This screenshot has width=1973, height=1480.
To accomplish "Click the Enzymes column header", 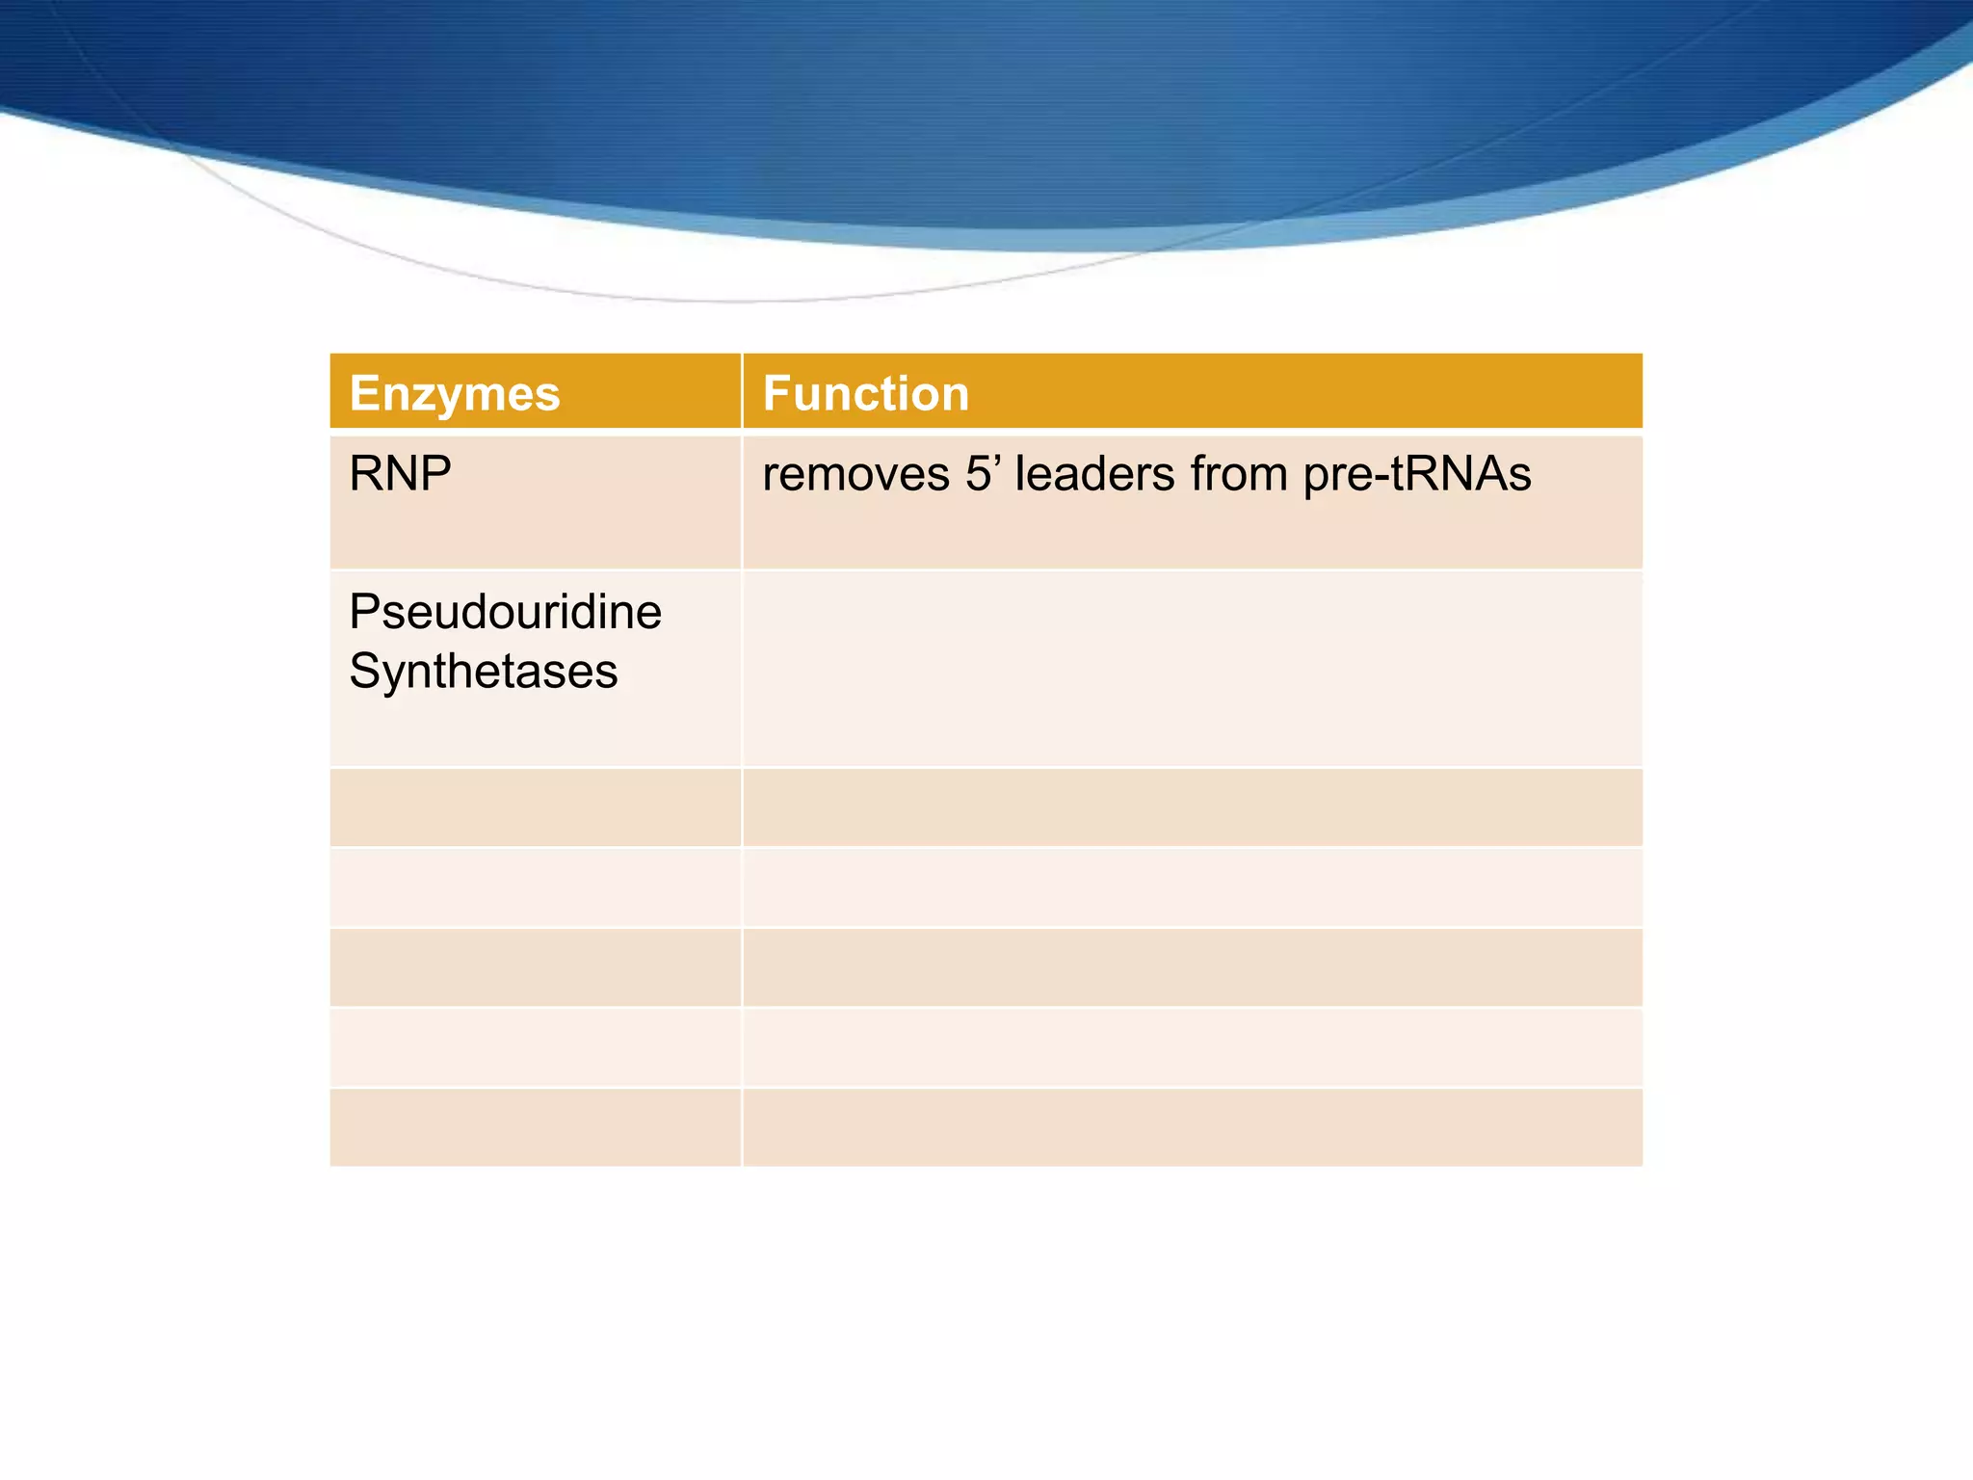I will click(455, 393).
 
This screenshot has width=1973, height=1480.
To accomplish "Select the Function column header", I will click(865, 393).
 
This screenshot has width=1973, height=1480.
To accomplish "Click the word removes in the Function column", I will click(855, 474).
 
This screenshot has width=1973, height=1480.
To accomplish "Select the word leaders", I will click(1095, 474).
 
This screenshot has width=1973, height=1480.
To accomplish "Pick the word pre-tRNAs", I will click(1416, 474).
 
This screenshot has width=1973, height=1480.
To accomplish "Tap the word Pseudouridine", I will click(505, 612).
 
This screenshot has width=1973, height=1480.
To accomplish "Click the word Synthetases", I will click(484, 671).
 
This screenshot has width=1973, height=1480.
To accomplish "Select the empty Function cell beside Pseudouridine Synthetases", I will click(1192, 668).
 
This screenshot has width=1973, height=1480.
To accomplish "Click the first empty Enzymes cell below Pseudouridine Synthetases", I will click(536, 807).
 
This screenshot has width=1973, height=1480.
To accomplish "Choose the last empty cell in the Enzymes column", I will click(536, 1127).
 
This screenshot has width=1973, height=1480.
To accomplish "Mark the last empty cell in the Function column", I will click(1192, 1127).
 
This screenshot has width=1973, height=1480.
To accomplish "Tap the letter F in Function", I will click(776, 393).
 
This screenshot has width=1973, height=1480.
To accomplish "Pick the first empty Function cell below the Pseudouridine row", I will click(1192, 807).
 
